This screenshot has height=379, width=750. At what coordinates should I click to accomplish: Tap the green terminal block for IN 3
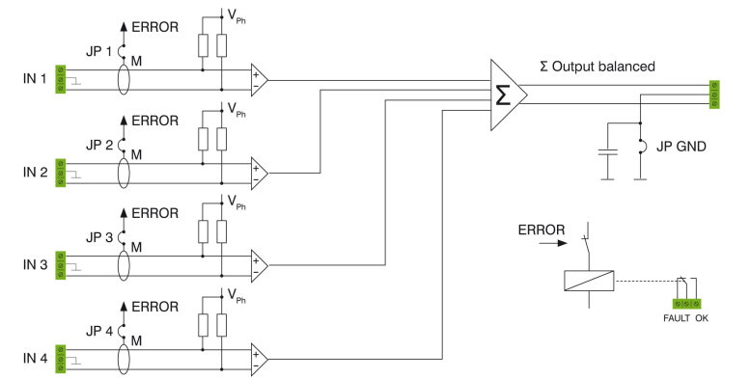click(61, 266)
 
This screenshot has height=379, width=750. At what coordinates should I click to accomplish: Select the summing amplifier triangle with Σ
click(507, 95)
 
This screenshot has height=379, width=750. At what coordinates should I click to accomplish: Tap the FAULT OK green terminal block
click(686, 303)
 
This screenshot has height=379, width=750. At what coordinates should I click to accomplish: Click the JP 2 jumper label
click(98, 144)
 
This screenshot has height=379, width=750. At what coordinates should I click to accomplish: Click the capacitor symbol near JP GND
click(606, 152)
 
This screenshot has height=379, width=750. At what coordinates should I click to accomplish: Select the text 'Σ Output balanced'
click(598, 67)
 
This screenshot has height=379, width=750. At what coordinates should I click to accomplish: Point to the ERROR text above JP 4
click(154, 306)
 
